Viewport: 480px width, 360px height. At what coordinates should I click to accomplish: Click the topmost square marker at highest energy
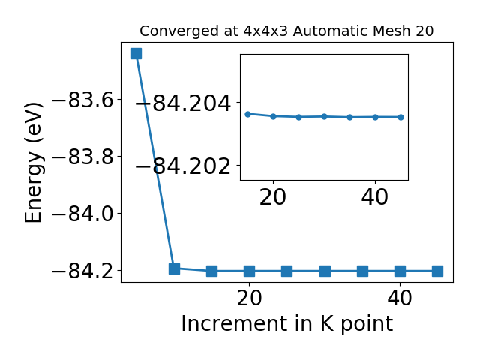pos(136,53)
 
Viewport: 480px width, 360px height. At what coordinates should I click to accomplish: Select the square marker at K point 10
pos(174,268)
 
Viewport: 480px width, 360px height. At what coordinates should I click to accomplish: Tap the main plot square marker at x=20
pos(250,271)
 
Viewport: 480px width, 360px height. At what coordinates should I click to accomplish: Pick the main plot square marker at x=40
pos(400,271)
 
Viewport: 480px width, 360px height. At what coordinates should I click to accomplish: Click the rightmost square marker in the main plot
pos(438,271)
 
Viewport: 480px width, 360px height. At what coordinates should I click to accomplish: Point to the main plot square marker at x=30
pos(325,271)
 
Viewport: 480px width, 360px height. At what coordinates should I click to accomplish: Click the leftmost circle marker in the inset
pos(248,114)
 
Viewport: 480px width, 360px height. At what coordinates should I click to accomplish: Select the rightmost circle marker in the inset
pos(401,117)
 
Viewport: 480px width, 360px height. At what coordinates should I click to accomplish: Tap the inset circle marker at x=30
pos(325,117)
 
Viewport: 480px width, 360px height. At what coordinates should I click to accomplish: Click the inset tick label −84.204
pos(183,103)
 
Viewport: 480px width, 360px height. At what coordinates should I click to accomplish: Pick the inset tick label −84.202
pos(183,166)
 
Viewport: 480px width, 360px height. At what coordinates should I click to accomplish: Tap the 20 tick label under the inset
pos(273,197)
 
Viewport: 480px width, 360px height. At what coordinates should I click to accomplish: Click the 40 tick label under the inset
pos(375,197)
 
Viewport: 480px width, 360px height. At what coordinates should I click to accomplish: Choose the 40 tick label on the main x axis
pos(400,298)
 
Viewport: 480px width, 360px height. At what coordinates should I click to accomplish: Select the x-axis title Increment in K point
pos(287,324)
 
